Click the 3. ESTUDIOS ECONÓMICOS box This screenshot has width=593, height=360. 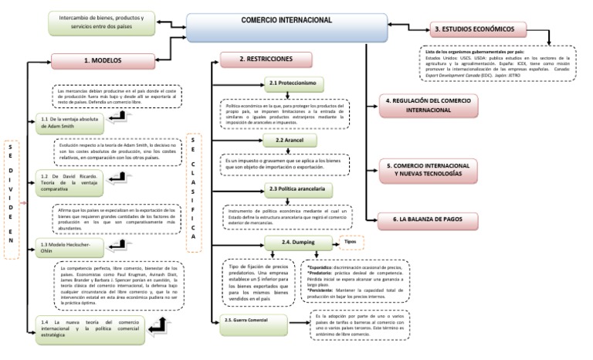(479, 29)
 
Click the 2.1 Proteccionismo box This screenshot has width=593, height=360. (293, 83)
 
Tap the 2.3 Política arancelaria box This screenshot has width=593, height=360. (300, 189)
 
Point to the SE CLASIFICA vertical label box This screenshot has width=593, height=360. (194, 192)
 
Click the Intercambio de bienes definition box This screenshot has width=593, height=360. (104, 22)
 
